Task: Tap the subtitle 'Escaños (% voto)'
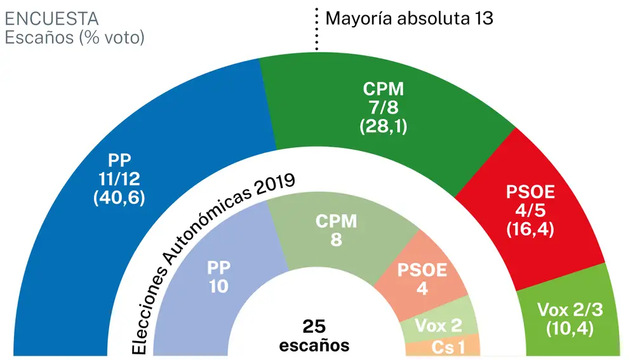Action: coord(74,37)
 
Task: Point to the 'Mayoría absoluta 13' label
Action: coord(409,18)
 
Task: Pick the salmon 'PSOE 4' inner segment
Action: coord(422,279)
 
